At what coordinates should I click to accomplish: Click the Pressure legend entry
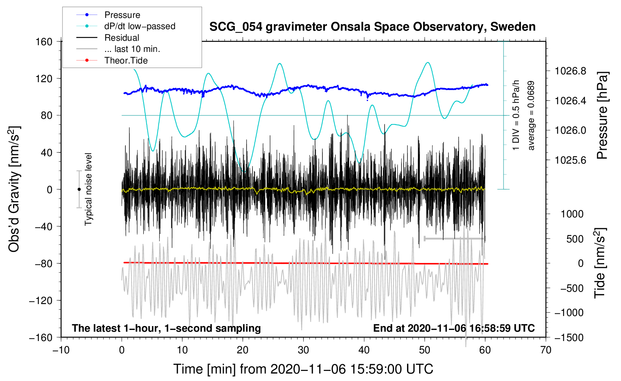122,15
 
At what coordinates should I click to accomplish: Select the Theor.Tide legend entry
126,61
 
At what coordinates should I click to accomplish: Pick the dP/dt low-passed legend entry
140,26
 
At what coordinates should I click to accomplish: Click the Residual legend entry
122,38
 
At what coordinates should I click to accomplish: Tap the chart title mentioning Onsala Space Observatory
372,27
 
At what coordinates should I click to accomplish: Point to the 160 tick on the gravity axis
44,41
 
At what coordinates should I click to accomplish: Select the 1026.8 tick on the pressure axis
570,71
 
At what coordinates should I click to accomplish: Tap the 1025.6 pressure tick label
570,160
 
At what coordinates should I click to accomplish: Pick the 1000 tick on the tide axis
572,214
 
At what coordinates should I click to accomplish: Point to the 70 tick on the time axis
546,350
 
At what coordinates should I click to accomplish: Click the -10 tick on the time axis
61,350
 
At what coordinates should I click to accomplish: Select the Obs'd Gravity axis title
14,189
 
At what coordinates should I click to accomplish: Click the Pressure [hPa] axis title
602,115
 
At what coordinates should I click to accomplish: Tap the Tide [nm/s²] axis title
600,263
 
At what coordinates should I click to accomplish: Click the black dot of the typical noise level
79,189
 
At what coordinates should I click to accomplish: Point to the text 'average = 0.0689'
531,115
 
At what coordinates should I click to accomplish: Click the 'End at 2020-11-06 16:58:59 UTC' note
454,328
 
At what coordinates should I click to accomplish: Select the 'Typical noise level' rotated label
88,189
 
